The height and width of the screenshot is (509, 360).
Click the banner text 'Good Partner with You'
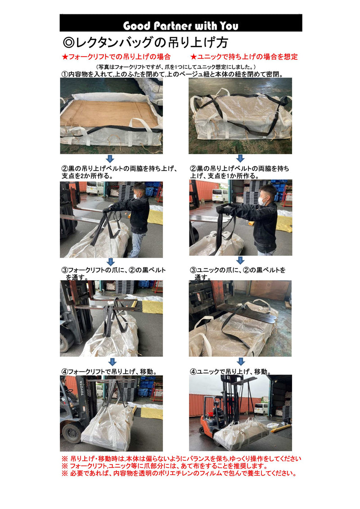180,26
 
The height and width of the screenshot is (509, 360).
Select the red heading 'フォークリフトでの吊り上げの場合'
116,57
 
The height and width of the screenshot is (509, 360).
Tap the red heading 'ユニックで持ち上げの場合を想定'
244,57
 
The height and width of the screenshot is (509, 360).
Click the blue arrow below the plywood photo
110,159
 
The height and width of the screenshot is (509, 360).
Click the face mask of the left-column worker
137,196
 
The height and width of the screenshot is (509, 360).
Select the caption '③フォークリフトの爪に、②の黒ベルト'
114,270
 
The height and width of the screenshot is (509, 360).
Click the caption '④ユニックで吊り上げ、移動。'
231,372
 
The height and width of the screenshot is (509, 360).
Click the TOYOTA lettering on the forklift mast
82,388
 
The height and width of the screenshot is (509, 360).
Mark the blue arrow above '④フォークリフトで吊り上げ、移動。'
112,362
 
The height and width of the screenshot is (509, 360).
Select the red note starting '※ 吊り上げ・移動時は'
182,459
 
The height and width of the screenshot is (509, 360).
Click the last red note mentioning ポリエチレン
180,473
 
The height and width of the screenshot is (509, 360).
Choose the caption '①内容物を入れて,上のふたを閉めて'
172,74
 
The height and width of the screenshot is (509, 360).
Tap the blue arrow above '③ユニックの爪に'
240,260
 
